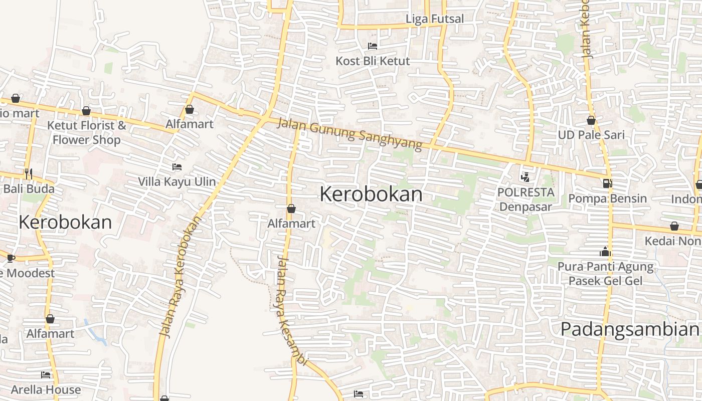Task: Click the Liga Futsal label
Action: click(x=435, y=19)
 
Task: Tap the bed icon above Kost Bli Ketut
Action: click(x=373, y=46)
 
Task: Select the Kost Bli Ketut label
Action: click(x=373, y=61)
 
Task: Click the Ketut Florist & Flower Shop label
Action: click(x=87, y=132)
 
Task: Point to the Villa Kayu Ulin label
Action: click(x=177, y=181)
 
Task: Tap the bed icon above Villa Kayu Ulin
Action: click(x=177, y=167)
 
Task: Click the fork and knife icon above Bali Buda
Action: click(x=29, y=174)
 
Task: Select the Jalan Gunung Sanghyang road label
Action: click(x=350, y=134)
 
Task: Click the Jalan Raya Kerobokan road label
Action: click(x=180, y=276)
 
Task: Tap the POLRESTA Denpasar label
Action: click(x=525, y=199)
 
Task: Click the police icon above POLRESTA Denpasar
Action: click(x=525, y=177)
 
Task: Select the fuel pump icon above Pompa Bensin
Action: click(x=607, y=183)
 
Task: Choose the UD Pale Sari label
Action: click(x=591, y=135)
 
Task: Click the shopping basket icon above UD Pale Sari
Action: click(x=591, y=120)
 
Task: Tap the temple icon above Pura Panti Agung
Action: click(x=605, y=252)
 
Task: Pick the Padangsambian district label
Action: click(x=629, y=329)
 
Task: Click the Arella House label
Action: click(x=46, y=389)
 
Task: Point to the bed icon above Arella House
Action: click(x=46, y=375)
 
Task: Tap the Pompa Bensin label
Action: click(x=607, y=198)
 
